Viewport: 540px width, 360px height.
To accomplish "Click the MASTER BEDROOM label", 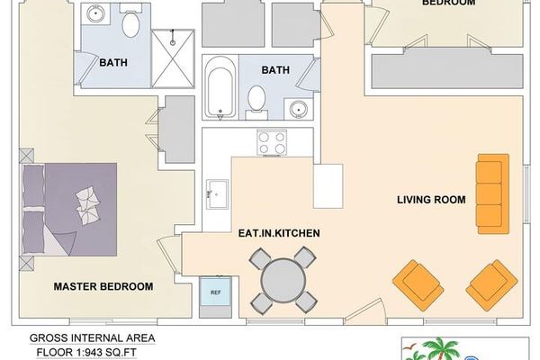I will pyautogui.click(x=103, y=286).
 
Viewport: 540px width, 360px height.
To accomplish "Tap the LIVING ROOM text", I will pyautogui.click(x=431, y=199).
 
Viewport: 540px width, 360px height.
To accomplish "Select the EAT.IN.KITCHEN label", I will pyautogui.click(x=280, y=233).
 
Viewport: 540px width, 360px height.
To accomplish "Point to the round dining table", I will pyautogui.click(x=282, y=282).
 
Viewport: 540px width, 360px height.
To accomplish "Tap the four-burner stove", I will pyautogui.click(x=271, y=142).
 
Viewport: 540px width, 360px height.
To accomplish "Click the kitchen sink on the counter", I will pyautogui.click(x=216, y=193).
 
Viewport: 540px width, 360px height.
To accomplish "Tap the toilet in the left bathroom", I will pyautogui.click(x=130, y=23).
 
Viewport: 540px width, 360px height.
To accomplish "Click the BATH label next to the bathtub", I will pyautogui.click(x=274, y=69).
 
